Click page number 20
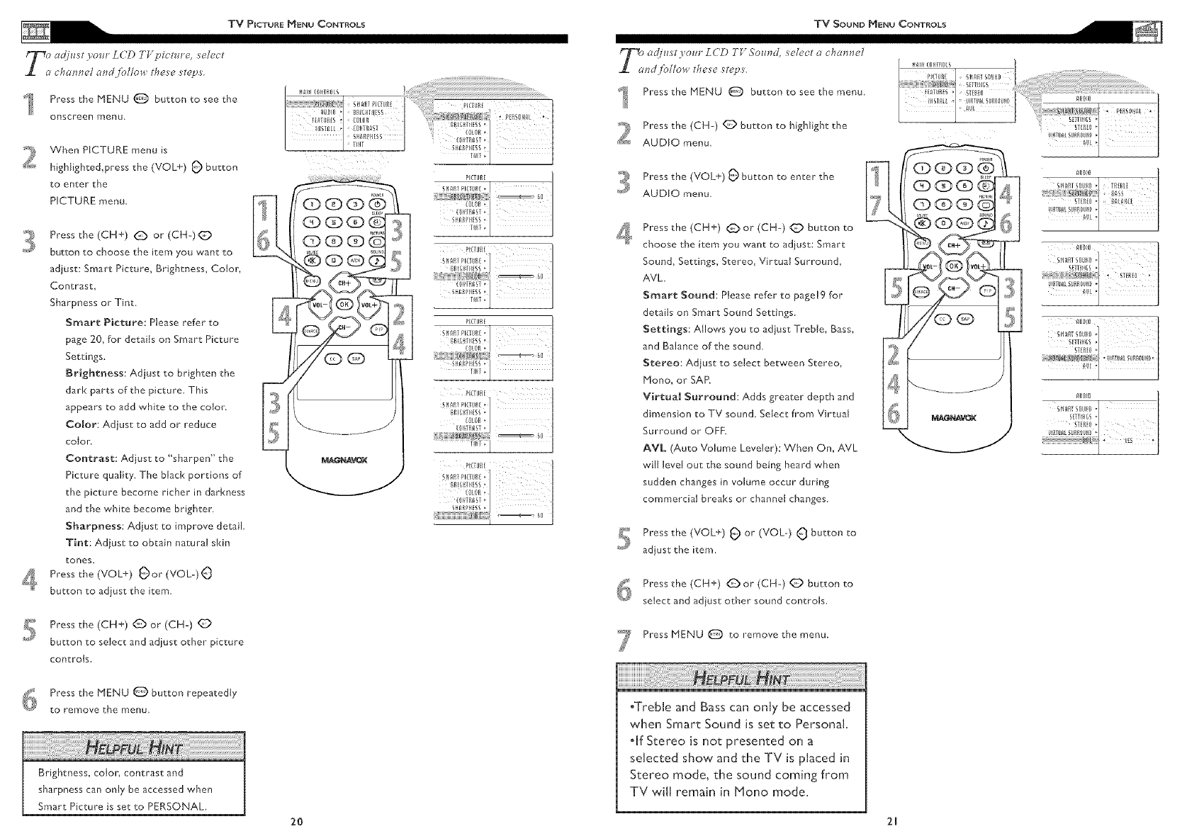tap(297, 822)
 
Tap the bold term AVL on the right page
tap(653, 448)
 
